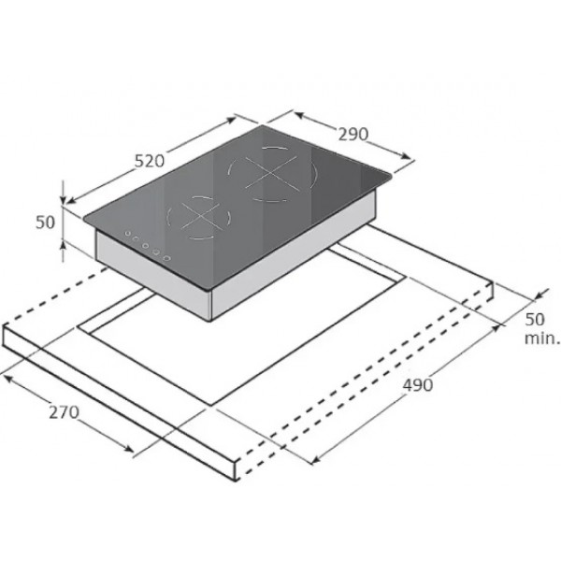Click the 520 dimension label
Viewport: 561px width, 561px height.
150,161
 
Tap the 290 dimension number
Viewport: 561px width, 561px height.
353,134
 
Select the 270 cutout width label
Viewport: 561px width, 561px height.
64,412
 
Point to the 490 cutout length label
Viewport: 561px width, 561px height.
418,385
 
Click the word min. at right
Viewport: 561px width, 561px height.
541,338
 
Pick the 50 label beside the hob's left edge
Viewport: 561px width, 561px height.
46,223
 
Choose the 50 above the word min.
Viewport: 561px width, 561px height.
535,319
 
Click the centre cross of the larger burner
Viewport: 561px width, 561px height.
271,173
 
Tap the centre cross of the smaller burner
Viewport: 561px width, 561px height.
200,216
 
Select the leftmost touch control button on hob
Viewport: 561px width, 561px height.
128,233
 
